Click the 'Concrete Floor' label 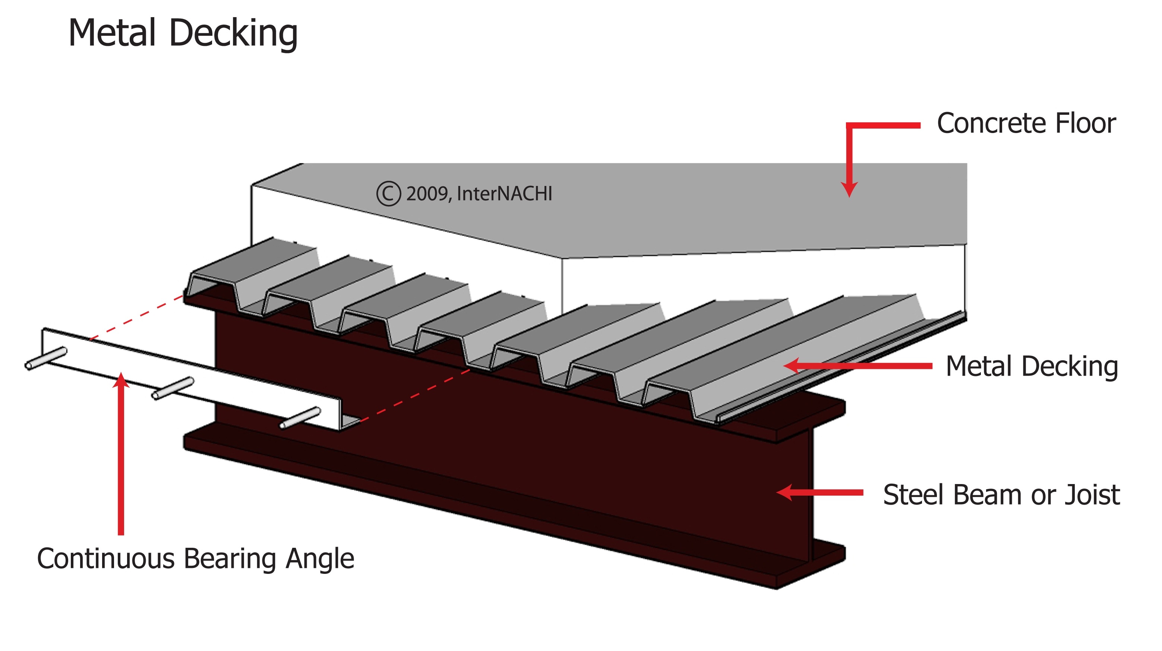point(1026,123)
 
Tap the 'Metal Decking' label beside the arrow point(1032,366)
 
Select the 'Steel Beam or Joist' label point(1001,494)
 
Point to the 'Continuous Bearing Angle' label point(195,559)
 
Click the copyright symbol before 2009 point(388,193)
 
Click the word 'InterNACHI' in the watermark point(504,193)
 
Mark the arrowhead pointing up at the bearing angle point(121,380)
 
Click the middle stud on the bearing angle point(173,388)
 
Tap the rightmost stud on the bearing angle point(300,418)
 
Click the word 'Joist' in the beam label point(1092,494)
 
